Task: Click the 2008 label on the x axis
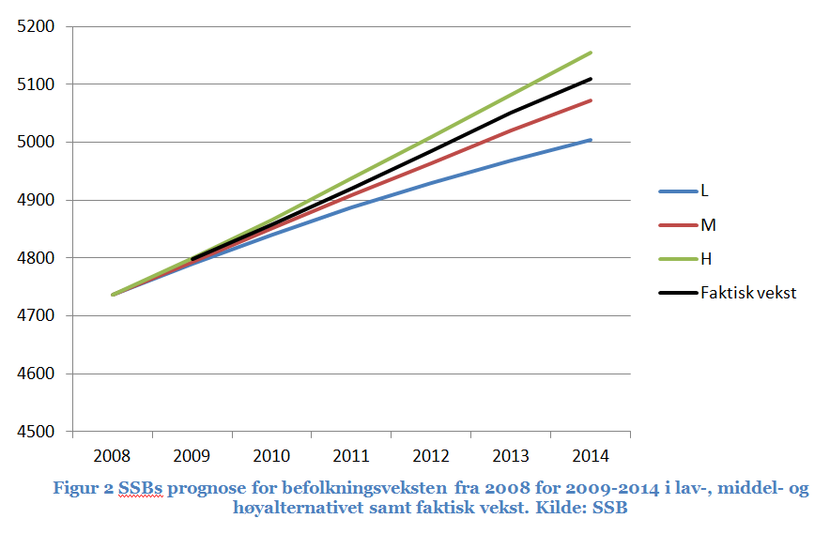tap(113, 456)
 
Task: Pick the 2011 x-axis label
tap(351, 456)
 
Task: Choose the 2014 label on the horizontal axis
tap(590, 456)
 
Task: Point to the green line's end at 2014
tap(591, 53)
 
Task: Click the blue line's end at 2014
tap(591, 140)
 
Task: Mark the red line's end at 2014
tap(591, 100)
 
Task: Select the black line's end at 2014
tap(591, 79)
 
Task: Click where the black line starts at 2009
tap(192, 259)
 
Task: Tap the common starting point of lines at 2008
tap(113, 295)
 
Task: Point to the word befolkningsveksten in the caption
tap(387, 489)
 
